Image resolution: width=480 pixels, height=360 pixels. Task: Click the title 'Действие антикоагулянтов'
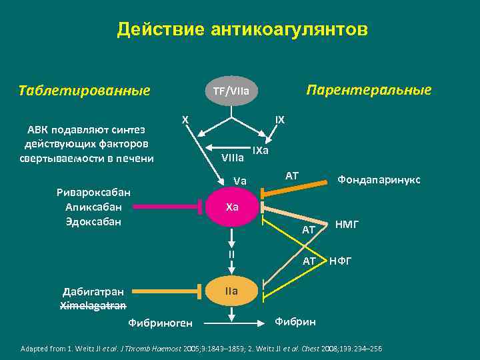tap(241, 30)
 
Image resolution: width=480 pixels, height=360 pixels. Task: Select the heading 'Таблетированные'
tap(85, 90)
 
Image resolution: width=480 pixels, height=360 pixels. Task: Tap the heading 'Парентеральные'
tap(368, 90)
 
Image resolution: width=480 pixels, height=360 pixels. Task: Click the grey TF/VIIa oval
tap(231, 91)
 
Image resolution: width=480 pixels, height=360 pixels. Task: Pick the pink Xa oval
tap(231, 207)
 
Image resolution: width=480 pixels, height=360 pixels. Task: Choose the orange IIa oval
tap(231, 291)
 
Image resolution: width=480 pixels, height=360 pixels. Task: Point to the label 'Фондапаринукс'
tap(379, 179)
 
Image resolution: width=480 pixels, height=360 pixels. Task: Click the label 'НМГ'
tap(347, 225)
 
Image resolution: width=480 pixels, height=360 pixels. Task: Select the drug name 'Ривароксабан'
tap(93, 193)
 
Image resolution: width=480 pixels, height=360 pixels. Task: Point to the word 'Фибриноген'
tap(160, 323)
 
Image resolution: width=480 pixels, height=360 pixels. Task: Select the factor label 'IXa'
tap(260, 150)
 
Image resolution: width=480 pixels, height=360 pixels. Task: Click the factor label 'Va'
tap(240, 181)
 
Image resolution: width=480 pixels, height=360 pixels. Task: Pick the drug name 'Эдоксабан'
tap(93, 221)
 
